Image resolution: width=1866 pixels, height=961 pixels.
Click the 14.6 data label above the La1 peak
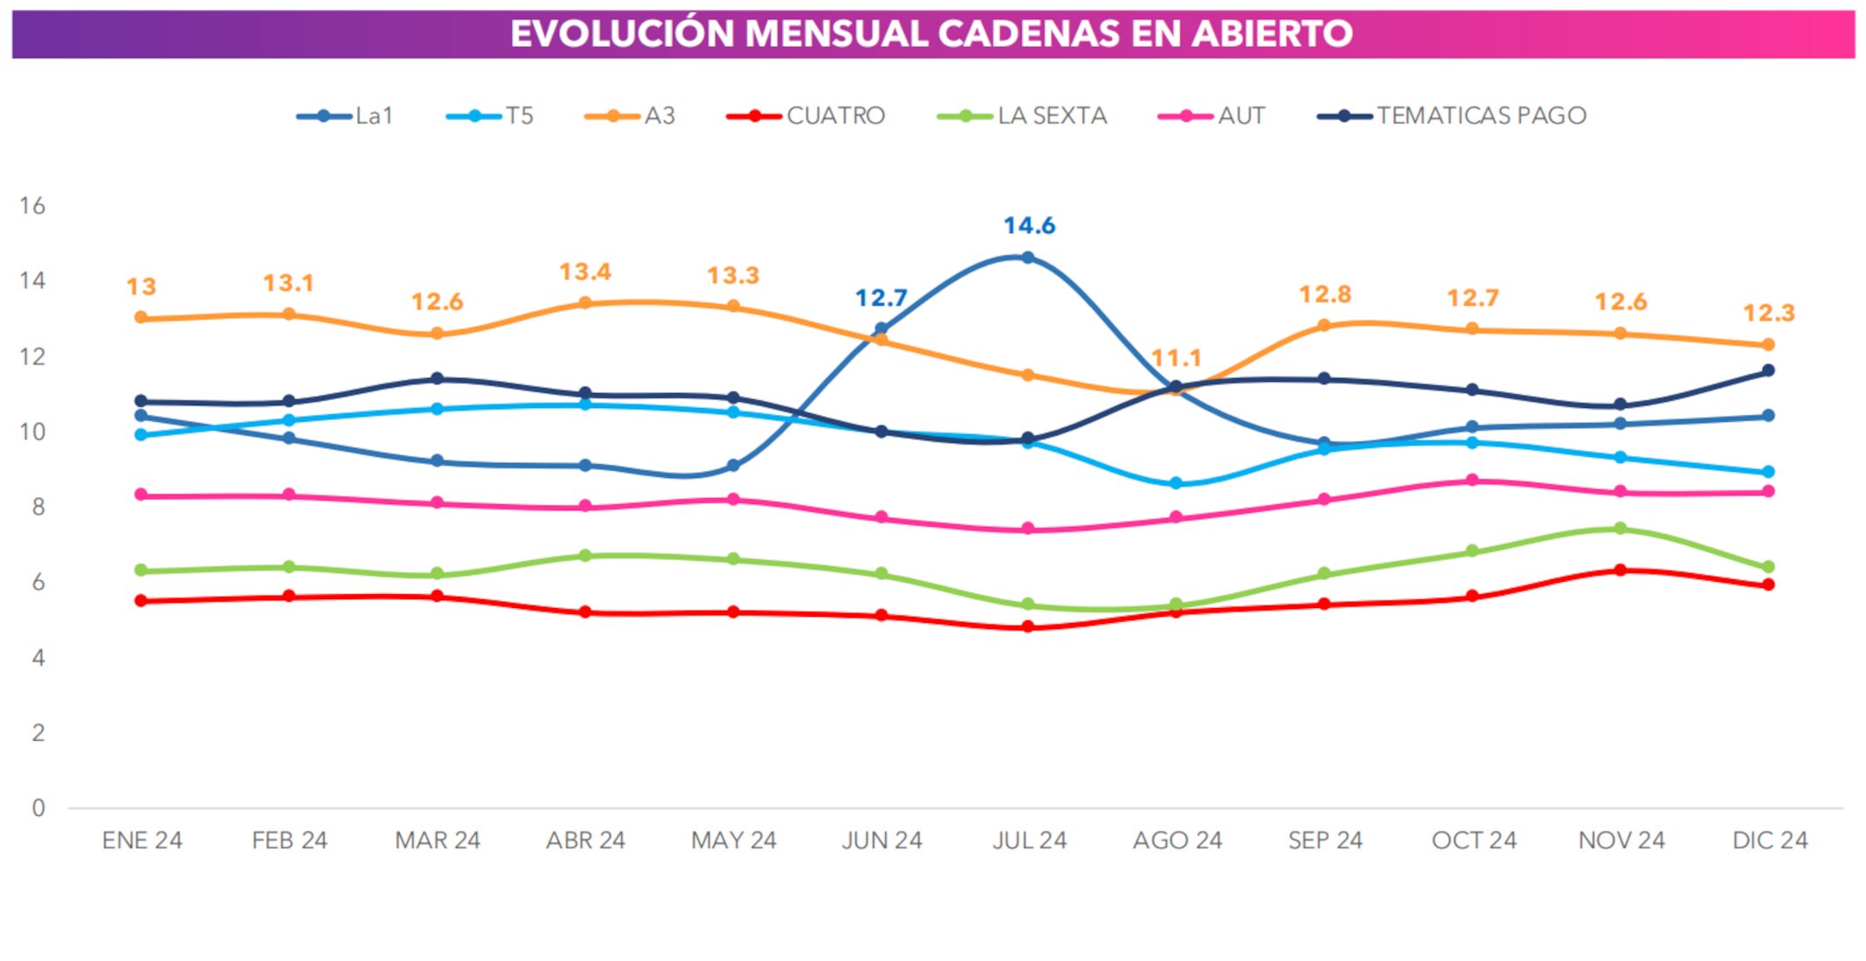(x=1028, y=225)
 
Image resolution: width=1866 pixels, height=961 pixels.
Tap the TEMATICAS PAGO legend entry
(x=1451, y=116)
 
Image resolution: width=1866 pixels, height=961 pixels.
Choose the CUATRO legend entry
(x=805, y=116)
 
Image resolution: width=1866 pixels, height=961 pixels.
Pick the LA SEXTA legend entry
(x=1021, y=116)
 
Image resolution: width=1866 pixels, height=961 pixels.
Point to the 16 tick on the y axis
(x=32, y=206)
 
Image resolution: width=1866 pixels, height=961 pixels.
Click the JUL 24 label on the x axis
(x=1028, y=840)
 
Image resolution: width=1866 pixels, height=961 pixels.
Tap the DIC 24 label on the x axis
(x=1769, y=840)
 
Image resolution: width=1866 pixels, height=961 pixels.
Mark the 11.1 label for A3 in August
(x=1176, y=358)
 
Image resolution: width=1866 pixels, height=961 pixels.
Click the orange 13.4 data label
(x=584, y=272)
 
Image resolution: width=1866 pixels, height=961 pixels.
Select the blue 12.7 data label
(x=881, y=299)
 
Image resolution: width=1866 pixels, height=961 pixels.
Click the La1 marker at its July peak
(x=1028, y=258)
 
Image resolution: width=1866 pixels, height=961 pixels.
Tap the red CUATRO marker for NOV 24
(x=1621, y=570)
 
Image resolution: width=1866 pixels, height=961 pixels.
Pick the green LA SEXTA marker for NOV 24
(x=1621, y=529)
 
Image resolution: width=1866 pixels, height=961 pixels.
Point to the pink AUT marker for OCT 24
(x=1472, y=480)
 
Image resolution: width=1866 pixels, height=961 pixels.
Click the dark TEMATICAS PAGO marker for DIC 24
(x=1768, y=370)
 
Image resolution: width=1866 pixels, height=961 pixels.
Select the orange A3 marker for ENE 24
(x=141, y=318)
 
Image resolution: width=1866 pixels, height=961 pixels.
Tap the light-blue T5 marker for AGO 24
(x=1176, y=483)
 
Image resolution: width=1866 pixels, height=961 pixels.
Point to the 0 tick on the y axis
(x=38, y=808)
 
